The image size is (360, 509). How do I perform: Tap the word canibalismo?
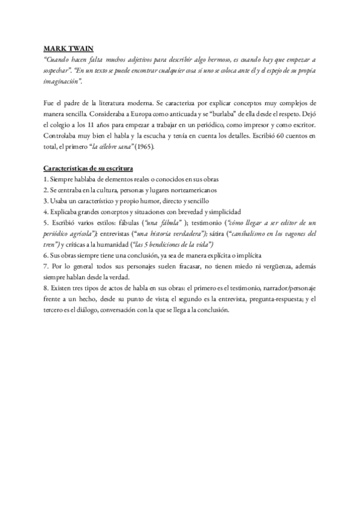pos(269,233)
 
